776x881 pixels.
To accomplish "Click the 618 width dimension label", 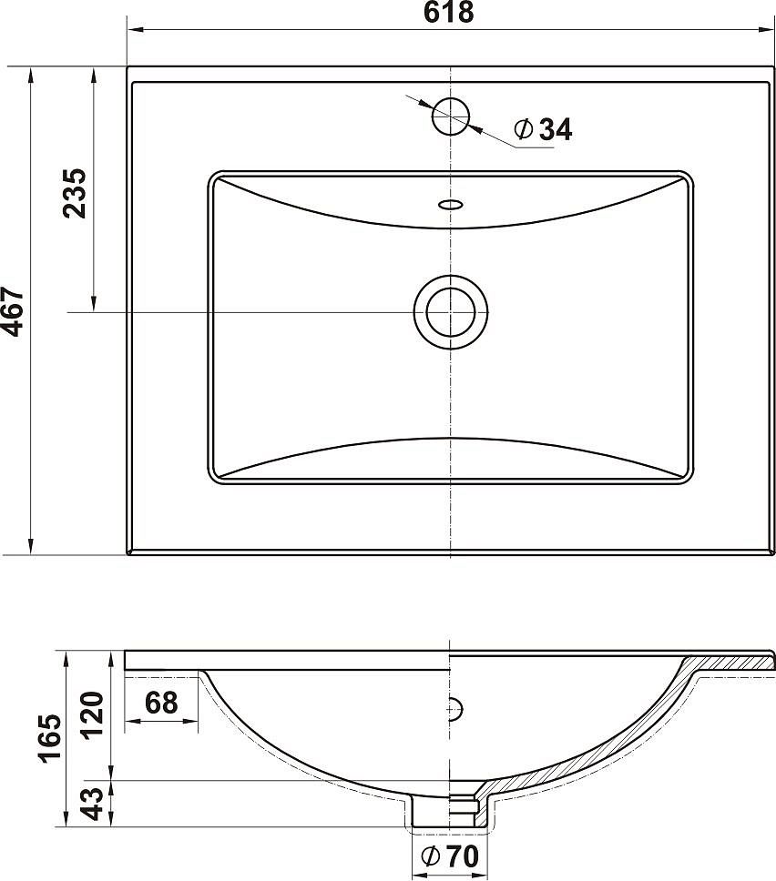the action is [449, 13].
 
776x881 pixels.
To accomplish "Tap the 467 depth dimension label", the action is [13, 312].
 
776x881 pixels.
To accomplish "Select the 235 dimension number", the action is [75, 193].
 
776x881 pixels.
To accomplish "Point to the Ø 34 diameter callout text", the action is [543, 129].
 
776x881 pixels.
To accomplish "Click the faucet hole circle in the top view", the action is [451, 116].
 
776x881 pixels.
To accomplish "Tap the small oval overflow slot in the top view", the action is [451, 205].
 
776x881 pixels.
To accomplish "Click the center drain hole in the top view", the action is [451, 312].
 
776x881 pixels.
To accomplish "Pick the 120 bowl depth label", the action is [93, 714].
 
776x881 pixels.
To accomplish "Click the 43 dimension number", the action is [93, 803].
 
